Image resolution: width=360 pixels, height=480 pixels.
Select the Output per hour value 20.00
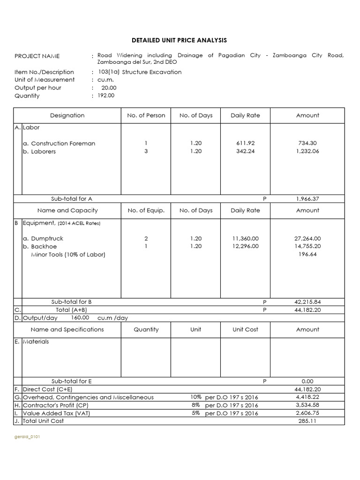click(109, 88)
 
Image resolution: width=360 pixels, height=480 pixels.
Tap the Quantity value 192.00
click(106, 96)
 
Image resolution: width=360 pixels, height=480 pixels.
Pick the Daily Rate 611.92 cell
click(245, 143)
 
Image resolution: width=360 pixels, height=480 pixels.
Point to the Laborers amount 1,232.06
click(307, 151)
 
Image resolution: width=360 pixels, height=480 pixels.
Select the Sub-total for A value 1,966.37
click(307, 199)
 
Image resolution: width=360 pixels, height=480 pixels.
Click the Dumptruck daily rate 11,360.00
click(245, 239)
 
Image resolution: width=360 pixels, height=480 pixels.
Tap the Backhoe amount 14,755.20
click(307, 247)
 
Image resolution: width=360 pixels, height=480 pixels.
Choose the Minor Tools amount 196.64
click(307, 255)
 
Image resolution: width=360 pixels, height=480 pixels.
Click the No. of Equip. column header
click(146, 210)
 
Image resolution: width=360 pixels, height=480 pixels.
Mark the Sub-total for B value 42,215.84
click(307, 302)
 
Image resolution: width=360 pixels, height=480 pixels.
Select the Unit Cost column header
click(245, 330)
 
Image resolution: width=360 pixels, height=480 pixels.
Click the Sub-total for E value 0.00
click(307, 382)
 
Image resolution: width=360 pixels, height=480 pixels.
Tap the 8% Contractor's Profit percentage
click(196, 405)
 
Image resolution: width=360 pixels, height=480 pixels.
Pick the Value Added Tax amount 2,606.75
click(307, 413)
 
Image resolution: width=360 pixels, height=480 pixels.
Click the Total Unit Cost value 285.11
click(307, 421)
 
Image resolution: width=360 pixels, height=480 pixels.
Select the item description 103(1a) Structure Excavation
click(139, 72)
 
